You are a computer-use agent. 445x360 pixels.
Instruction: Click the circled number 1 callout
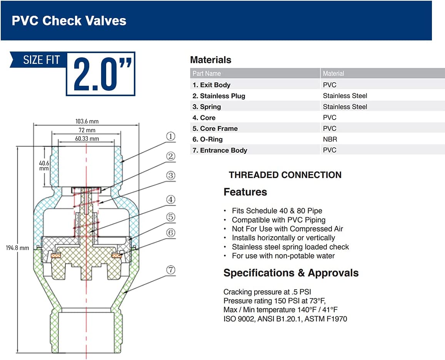tap(170, 137)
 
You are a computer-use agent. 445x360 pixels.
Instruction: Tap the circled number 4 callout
tap(170, 200)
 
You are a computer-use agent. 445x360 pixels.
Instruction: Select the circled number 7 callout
tap(170, 270)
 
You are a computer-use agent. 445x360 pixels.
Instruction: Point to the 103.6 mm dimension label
tap(87, 121)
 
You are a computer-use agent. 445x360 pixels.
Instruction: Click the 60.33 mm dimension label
tap(87, 138)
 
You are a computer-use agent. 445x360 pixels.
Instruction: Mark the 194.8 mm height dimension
tap(17, 248)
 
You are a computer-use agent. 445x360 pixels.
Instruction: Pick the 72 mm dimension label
tap(87, 130)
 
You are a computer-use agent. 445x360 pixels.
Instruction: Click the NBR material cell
tap(330, 139)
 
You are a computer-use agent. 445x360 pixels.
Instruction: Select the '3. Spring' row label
tap(207, 107)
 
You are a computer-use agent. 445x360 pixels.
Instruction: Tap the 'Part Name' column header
tap(207, 73)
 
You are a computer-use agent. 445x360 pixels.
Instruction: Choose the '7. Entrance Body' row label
tap(220, 150)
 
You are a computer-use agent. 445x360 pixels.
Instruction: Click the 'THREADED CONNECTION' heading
tap(285, 175)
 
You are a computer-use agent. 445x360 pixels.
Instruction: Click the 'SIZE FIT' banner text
tap(42, 60)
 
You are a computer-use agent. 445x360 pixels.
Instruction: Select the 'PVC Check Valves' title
tap(69, 21)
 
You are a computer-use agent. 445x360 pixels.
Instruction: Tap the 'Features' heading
tap(245, 192)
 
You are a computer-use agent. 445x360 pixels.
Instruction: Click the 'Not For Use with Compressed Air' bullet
tap(287, 229)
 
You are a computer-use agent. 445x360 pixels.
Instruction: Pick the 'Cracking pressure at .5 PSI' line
tap(267, 292)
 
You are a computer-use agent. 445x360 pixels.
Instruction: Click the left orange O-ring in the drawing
tap(56, 256)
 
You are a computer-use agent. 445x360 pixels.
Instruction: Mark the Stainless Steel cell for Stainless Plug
tap(345, 96)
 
